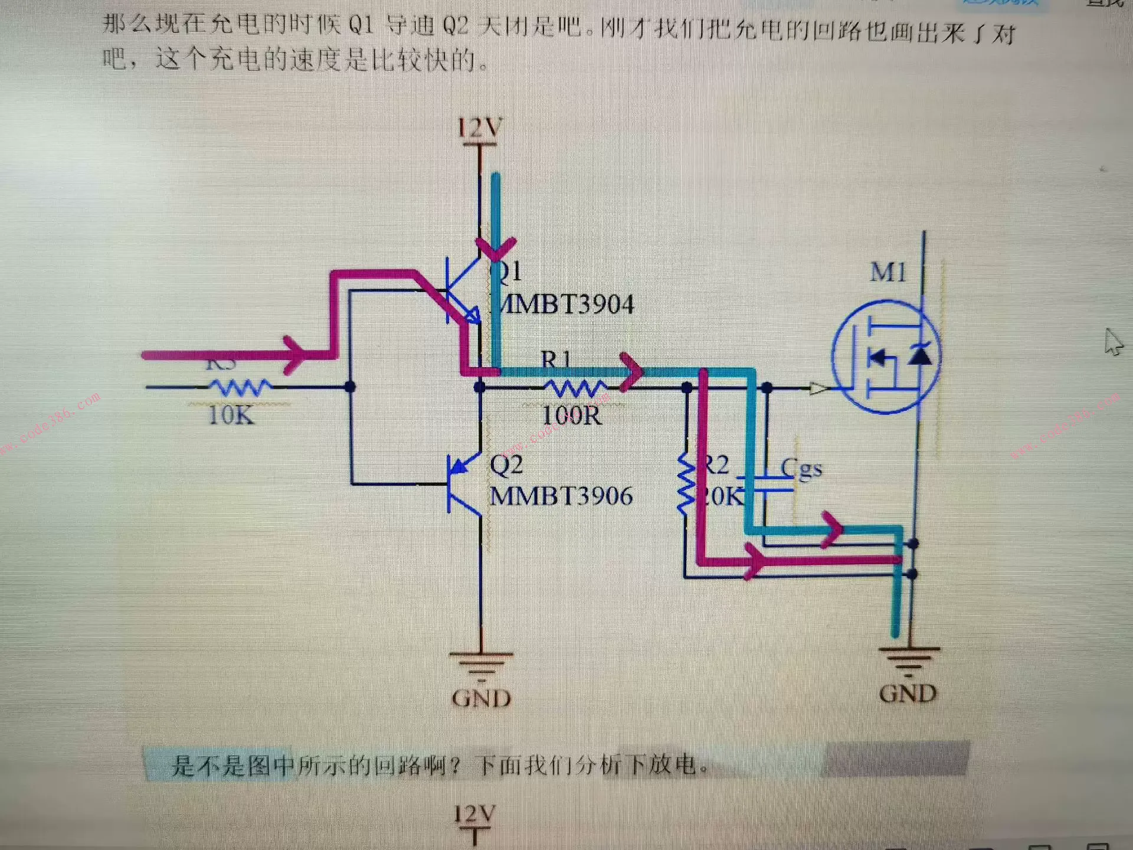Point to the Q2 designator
tap(506, 465)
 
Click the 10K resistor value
tap(231, 416)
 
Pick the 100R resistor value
tap(572, 416)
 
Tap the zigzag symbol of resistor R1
tap(575, 388)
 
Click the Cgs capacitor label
tap(801, 468)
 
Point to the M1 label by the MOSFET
tap(888, 273)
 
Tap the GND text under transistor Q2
tap(482, 699)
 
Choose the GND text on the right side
tap(908, 694)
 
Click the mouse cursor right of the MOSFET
tap(1113, 342)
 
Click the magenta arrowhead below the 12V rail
tap(496, 248)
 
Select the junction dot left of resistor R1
tap(480, 387)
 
